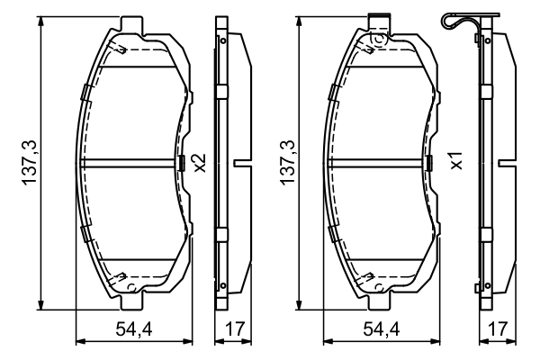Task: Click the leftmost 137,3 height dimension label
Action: tap(30, 163)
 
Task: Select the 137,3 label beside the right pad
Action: tap(288, 163)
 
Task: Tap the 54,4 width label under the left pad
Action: tap(133, 329)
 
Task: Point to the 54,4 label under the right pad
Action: tap(382, 329)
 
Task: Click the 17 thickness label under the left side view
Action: tap(235, 329)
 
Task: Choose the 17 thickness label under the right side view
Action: tap(499, 329)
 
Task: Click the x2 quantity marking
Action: tap(200, 163)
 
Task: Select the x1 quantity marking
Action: tap(457, 160)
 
